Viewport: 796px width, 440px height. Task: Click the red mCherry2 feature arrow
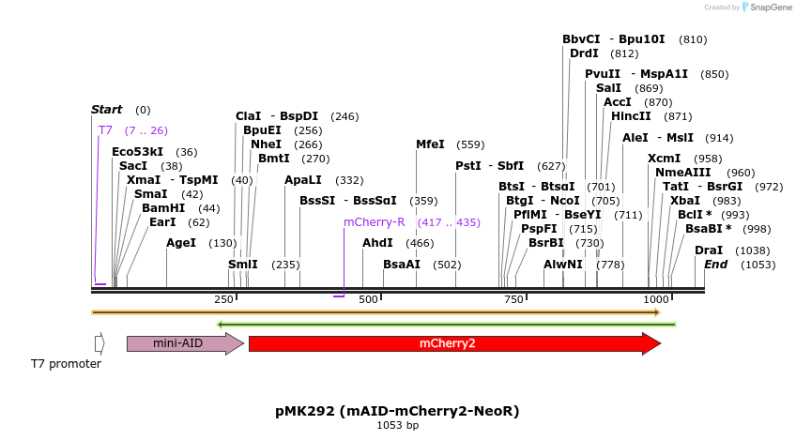[454, 344]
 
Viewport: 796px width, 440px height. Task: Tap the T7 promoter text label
[66, 364]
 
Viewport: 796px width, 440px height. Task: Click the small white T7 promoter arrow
[99, 344]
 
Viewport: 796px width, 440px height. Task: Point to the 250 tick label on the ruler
[224, 299]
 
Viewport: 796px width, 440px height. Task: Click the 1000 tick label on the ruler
[656, 299]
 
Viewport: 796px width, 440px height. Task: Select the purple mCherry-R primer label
[374, 222]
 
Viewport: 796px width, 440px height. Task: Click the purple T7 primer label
[105, 130]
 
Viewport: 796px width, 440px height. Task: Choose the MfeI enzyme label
[430, 144]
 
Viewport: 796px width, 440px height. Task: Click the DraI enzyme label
[709, 250]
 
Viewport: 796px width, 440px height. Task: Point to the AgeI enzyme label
[181, 243]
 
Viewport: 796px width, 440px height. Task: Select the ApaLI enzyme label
[303, 180]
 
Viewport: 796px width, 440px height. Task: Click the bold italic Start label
[106, 110]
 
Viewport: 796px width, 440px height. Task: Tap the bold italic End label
[716, 265]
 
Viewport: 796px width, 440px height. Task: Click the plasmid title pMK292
[397, 411]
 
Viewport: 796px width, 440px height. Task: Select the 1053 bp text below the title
[397, 426]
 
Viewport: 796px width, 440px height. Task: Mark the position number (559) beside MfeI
[470, 145]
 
